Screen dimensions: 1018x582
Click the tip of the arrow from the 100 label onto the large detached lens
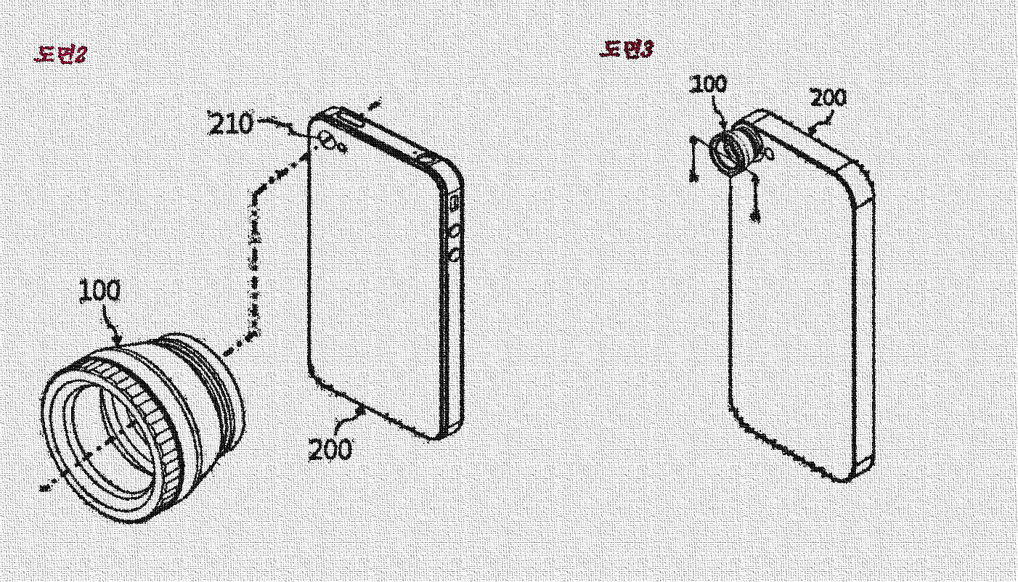coord(120,345)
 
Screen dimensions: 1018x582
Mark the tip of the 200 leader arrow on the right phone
coord(811,132)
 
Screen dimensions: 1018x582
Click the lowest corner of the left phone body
coord(436,439)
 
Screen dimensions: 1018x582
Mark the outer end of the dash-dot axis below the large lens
coord(42,488)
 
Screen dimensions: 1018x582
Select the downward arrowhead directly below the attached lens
coord(755,217)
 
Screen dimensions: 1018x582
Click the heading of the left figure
coord(61,54)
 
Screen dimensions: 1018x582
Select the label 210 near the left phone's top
coord(230,123)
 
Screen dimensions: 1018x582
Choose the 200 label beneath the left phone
coord(330,450)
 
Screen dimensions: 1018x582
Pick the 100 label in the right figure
coord(709,84)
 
